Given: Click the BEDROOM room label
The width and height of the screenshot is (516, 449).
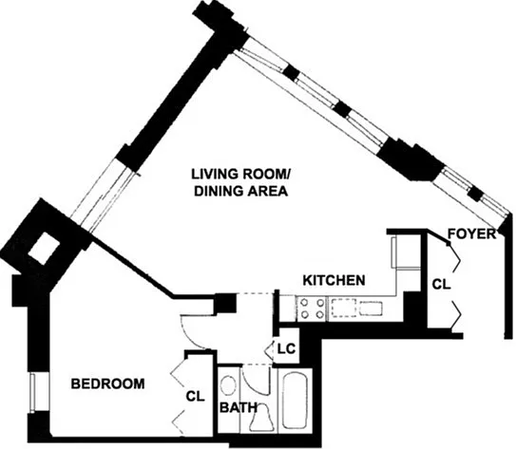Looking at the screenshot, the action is tap(108, 384).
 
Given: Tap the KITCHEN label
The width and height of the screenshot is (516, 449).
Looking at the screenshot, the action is tap(334, 280).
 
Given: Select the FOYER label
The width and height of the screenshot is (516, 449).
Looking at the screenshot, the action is tap(472, 234).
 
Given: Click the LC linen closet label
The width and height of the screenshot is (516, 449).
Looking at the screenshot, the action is tap(286, 348).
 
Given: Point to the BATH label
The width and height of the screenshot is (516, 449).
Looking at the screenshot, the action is tap(239, 407).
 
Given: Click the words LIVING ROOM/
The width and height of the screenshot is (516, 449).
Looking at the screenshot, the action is tap(240, 174).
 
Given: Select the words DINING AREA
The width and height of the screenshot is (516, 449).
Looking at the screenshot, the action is tap(240, 191).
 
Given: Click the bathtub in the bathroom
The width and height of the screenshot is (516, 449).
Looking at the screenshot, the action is tap(296, 401).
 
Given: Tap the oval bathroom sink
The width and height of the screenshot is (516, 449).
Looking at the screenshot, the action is tap(228, 385).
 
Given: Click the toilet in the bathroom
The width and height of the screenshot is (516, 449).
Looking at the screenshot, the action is tap(261, 417).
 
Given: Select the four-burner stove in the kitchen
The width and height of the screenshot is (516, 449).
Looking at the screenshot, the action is tap(312, 308).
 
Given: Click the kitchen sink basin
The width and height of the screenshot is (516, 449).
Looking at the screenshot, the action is tap(371, 309).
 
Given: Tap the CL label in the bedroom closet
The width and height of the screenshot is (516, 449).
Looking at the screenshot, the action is tap(195, 397).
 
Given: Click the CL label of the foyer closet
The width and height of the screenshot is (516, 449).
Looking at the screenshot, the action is tap(441, 285).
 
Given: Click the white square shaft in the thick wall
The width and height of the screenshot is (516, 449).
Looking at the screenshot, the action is tap(44, 249).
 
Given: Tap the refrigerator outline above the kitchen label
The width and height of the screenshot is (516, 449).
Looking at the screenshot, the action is tap(405, 253).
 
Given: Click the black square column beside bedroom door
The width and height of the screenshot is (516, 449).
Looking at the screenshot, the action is tap(225, 303).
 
